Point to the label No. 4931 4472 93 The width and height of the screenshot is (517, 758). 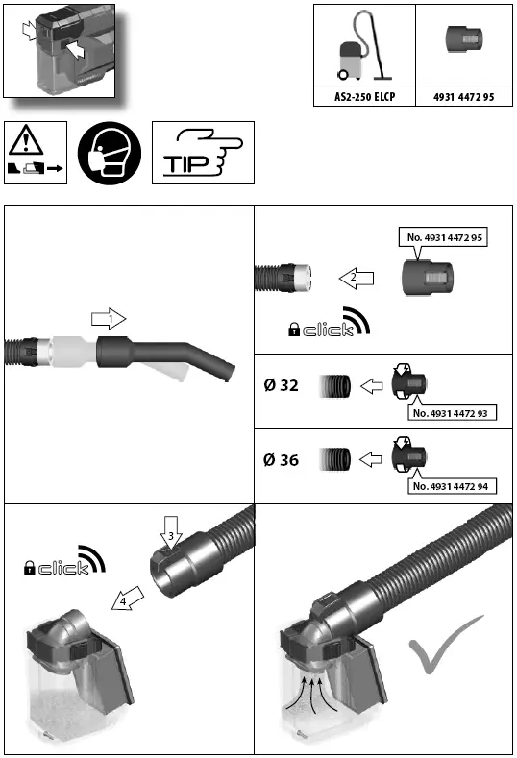(455, 413)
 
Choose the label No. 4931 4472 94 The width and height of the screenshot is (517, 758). (455, 487)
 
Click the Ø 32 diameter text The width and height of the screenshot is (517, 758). (281, 386)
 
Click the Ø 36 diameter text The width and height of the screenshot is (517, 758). (281, 460)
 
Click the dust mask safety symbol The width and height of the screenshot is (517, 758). (109, 153)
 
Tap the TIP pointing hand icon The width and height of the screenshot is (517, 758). (203, 153)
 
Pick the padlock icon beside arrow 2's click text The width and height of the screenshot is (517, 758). (293, 330)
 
